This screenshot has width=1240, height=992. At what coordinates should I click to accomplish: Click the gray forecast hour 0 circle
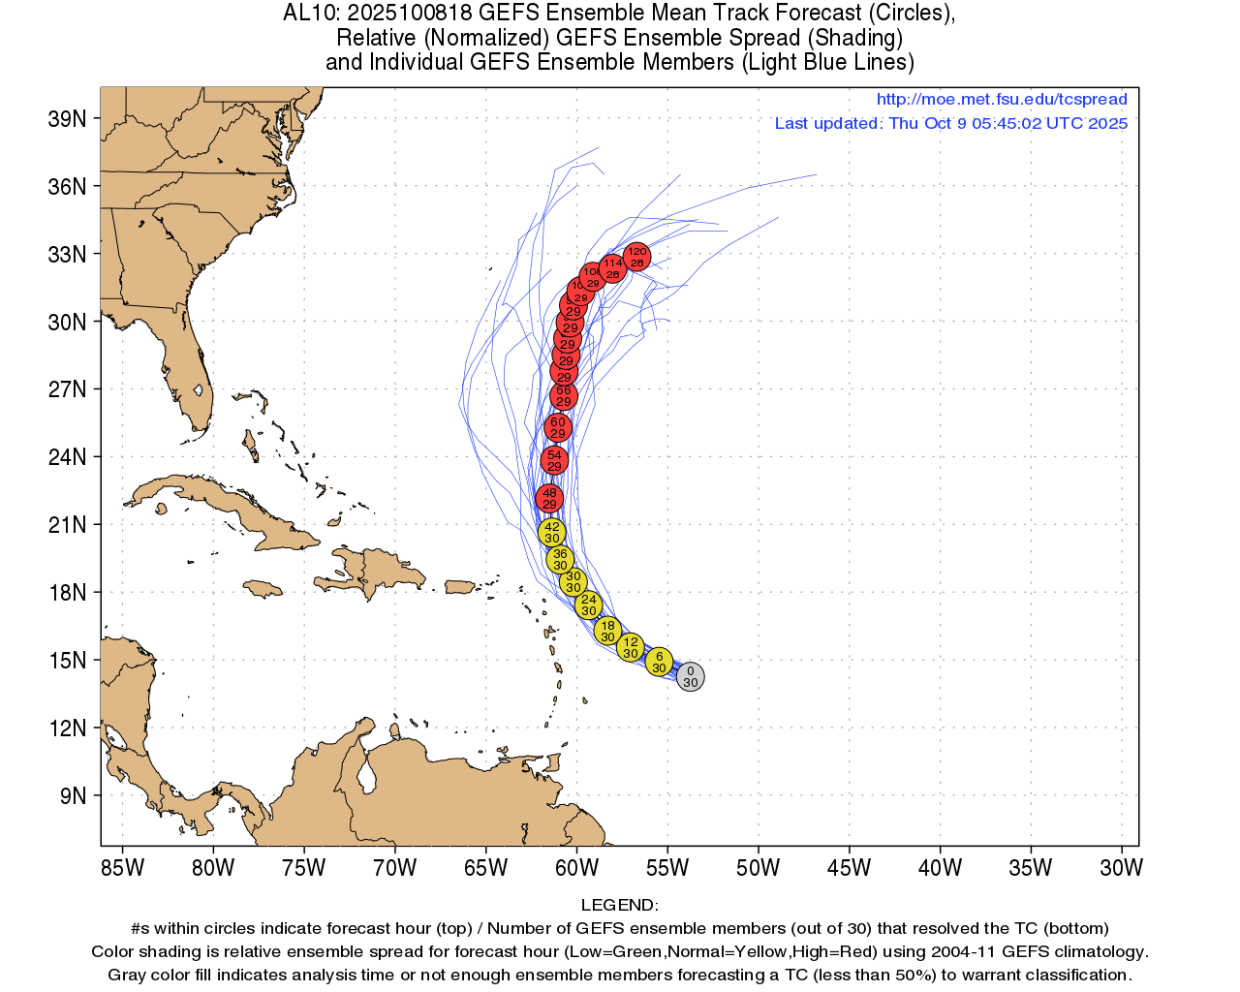[690, 676]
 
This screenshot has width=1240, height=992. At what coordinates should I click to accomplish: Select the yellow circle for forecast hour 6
[659, 663]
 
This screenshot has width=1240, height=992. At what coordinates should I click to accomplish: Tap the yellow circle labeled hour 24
[588, 605]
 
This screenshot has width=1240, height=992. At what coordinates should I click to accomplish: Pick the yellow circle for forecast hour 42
[551, 532]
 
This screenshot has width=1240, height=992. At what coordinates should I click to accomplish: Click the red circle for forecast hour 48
[549, 499]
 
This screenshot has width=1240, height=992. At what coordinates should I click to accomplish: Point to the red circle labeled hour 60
[557, 427]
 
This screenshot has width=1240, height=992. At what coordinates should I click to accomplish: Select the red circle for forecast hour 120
[636, 257]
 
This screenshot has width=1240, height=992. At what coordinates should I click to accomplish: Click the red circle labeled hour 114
[612, 267]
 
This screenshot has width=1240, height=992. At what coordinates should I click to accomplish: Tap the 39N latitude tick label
[67, 119]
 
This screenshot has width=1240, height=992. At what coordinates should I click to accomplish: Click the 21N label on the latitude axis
[67, 525]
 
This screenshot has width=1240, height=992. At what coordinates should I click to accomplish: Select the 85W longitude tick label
[122, 868]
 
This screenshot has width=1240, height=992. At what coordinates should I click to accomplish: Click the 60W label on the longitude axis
[576, 868]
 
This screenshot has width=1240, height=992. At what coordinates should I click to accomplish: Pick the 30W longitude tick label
[1121, 868]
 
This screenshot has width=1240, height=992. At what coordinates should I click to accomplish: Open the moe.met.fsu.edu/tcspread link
[1002, 99]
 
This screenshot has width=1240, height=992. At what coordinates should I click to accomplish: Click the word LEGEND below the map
[619, 905]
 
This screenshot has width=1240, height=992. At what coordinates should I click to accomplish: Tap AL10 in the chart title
[309, 14]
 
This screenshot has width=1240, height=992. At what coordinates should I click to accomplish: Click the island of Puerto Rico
[460, 587]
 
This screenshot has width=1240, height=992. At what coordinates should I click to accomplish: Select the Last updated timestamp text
[950, 123]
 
